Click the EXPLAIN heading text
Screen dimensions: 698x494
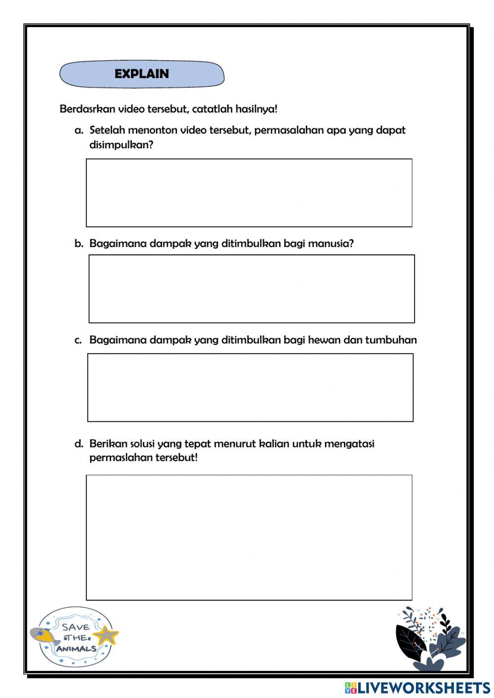tap(142, 74)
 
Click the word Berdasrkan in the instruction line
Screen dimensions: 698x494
tap(87, 109)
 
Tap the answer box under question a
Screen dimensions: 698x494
tap(249, 193)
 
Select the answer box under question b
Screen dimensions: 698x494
tap(251, 288)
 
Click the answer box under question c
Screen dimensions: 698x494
tap(250, 387)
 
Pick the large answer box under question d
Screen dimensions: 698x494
tap(249, 537)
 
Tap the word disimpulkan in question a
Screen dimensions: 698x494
tap(121, 145)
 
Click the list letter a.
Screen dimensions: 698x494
tap(79, 130)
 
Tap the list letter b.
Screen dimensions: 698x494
tap(79, 244)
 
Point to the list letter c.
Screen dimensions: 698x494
tap(79, 340)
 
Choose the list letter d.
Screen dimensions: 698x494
tap(79, 444)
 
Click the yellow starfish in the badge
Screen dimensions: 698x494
tap(106, 635)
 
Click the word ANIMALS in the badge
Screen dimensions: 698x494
tap(76, 649)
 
